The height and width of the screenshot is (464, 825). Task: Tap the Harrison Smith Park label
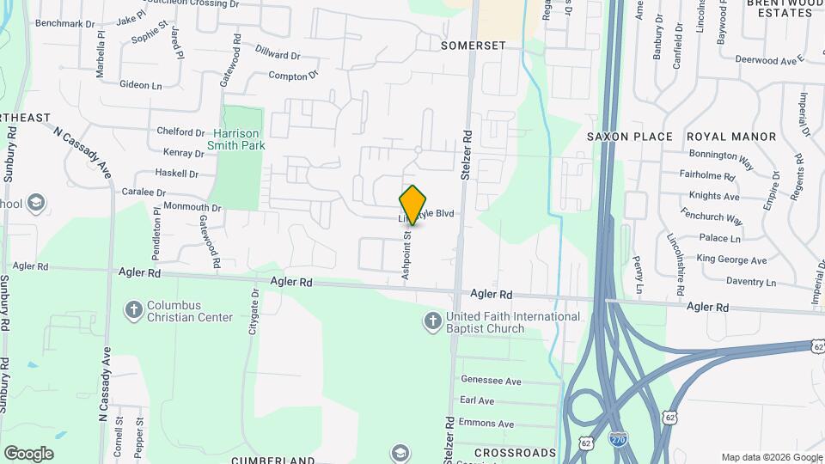pos(236,139)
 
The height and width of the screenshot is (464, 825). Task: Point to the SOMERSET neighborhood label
pos(473,45)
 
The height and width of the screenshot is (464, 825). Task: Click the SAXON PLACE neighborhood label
pos(630,137)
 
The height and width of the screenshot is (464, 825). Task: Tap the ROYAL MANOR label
pos(730,137)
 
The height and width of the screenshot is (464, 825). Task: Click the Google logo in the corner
pos(28,453)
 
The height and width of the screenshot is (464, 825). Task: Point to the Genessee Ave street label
pos(491,381)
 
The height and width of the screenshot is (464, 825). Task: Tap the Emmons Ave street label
pos(486,424)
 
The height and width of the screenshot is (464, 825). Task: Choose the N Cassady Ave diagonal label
pos(82,152)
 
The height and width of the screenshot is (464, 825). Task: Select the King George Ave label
pos(731,259)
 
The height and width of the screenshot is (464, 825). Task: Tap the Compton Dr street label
pos(293,76)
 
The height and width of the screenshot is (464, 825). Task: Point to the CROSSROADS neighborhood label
pos(515,453)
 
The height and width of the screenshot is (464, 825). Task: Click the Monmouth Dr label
pos(192,208)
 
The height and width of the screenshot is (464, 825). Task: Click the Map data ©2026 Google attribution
pos(772,457)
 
